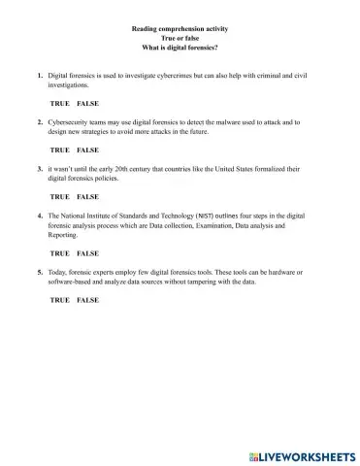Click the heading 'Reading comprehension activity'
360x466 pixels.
pyautogui.click(x=180, y=30)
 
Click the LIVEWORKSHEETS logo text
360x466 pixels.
pyautogui.click(x=306, y=454)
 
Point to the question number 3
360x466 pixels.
pyautogui.click(x=39, y=169)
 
